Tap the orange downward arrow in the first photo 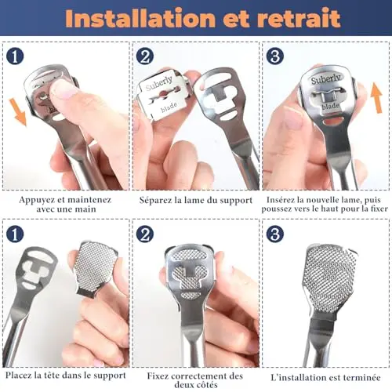(x=20, y=111)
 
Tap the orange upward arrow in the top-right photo (x=376, y=97)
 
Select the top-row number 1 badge (x=15, y=56)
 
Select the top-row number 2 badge (x=144, y=56)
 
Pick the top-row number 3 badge (x=274, y=56)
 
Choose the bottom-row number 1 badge (x=15, y=234)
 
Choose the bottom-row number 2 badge (x=144, y=234)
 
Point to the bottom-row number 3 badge (x=274, y=234)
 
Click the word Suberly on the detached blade (x=159, y=82)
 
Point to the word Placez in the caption (x=17, y=376)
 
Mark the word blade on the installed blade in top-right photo (x=331, y=106)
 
